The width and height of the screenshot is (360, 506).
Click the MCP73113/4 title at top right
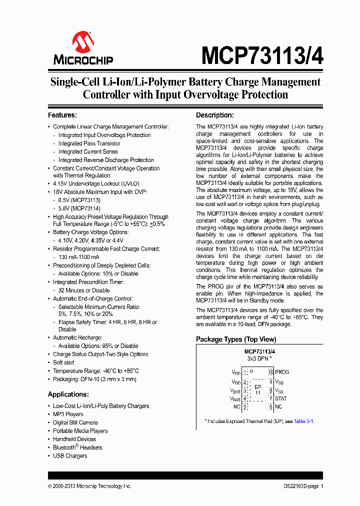[262, 55]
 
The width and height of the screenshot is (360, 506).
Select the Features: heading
[62, 115]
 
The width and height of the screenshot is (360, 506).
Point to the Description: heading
[214, 115]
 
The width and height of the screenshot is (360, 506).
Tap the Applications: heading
[68, 394]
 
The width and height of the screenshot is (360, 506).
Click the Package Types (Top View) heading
[236, 339]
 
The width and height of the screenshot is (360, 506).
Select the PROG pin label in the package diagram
[282, 372]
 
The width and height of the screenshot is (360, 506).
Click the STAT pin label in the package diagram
[280, 398]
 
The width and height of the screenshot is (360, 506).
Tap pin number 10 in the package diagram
[270, 372]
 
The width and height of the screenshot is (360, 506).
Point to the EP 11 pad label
[258, 390]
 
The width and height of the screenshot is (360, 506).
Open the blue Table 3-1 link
[303, 421]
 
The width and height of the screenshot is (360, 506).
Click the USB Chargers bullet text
[70, 455]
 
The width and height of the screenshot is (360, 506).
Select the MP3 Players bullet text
[68, 414]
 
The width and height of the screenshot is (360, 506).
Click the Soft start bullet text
[63, 362]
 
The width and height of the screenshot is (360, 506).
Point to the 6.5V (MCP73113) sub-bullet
[79, 200]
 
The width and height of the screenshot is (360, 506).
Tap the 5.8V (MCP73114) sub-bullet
[79, 208]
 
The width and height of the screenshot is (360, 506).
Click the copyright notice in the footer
[89, 486]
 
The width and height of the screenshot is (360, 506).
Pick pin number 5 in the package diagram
[245, 407]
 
